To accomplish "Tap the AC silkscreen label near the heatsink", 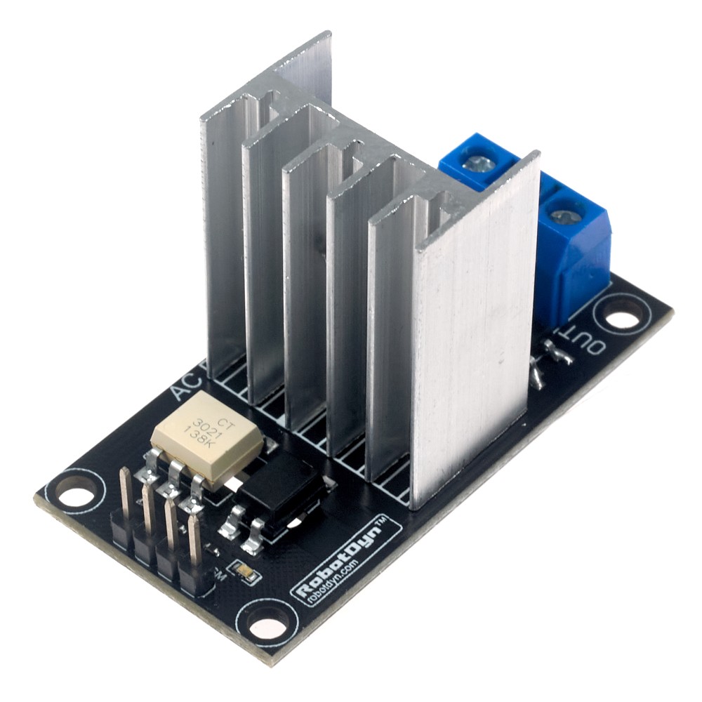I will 184,386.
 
